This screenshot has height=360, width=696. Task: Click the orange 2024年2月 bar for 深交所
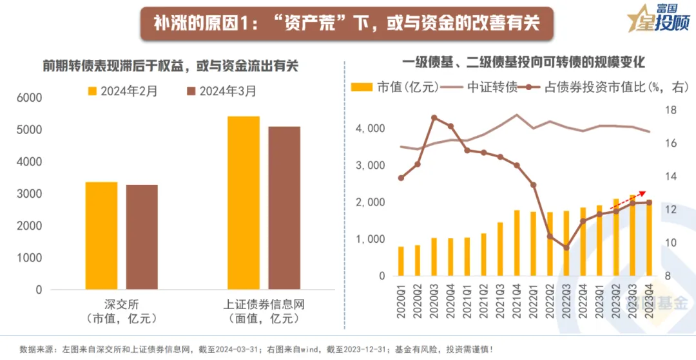coord(101,236)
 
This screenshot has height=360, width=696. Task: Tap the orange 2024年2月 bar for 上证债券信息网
coord(244,203)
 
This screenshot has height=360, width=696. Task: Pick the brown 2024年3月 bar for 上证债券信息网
coord(284,208)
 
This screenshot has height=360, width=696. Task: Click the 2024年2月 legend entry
coord(122,91)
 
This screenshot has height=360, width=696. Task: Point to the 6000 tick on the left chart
coord(28,98)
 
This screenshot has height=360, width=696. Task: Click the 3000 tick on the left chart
coord(28,194)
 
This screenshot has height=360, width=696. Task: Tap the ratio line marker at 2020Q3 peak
coord(434,118)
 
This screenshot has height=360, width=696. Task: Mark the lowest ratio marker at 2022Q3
coord(566,247)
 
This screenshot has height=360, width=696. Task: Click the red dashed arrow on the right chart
coord(629,198)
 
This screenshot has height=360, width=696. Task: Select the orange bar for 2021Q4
coord(517,243)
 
